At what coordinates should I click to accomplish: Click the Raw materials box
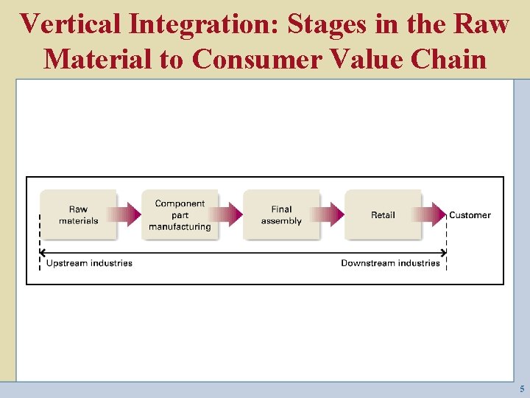pos(78,214)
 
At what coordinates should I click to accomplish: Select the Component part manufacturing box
pos(180,214)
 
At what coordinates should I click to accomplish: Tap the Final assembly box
pos(281,214)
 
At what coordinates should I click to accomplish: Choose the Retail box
pos(383,214)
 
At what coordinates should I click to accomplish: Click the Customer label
pos(470,215)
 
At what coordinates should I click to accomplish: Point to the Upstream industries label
pos(89,263)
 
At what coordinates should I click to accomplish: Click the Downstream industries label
pos(390,263)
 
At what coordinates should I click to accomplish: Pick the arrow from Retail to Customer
pos(434,215)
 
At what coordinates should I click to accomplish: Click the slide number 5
pos(522,388)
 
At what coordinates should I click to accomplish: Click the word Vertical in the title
pos(70,24)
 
